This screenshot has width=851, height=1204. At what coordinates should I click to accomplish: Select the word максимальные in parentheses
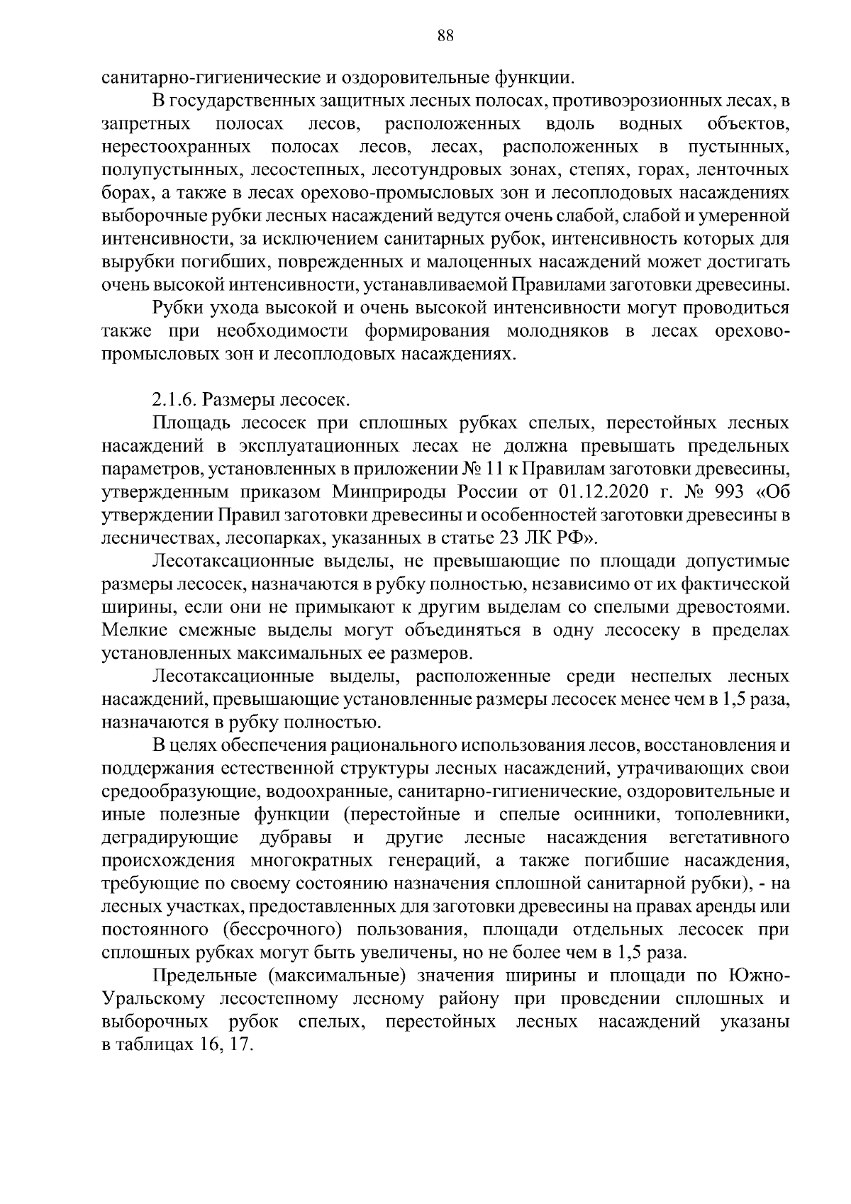click(338, 976)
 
